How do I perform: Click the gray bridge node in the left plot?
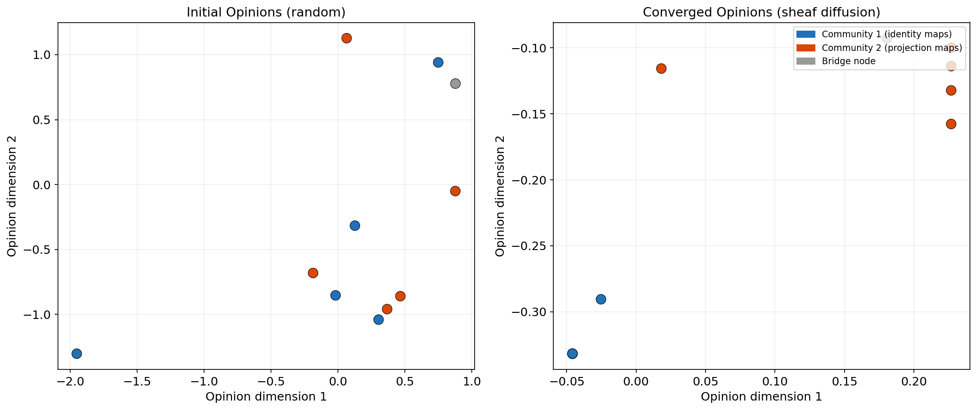click(455, 84)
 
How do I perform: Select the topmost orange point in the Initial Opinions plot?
click(346, 38)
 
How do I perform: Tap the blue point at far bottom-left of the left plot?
click(77, 353)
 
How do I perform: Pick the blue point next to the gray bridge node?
click(438, 62)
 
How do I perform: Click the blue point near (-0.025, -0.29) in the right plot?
click(600, 299)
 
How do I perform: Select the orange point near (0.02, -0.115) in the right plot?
click(661, 68)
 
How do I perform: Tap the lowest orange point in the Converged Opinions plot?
click(951, 124)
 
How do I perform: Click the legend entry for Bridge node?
click(848, 61)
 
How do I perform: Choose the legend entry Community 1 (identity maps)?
click(887, 34)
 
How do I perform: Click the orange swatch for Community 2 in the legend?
click(805, 48)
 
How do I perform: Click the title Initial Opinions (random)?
click(266, 12)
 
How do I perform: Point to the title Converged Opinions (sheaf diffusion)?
click(761, 12)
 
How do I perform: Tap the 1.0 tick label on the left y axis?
click(41, 55)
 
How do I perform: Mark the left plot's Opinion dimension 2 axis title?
click(12, 196)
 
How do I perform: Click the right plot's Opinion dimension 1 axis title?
click(761, 397)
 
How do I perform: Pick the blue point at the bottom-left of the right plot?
click(572, 353)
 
